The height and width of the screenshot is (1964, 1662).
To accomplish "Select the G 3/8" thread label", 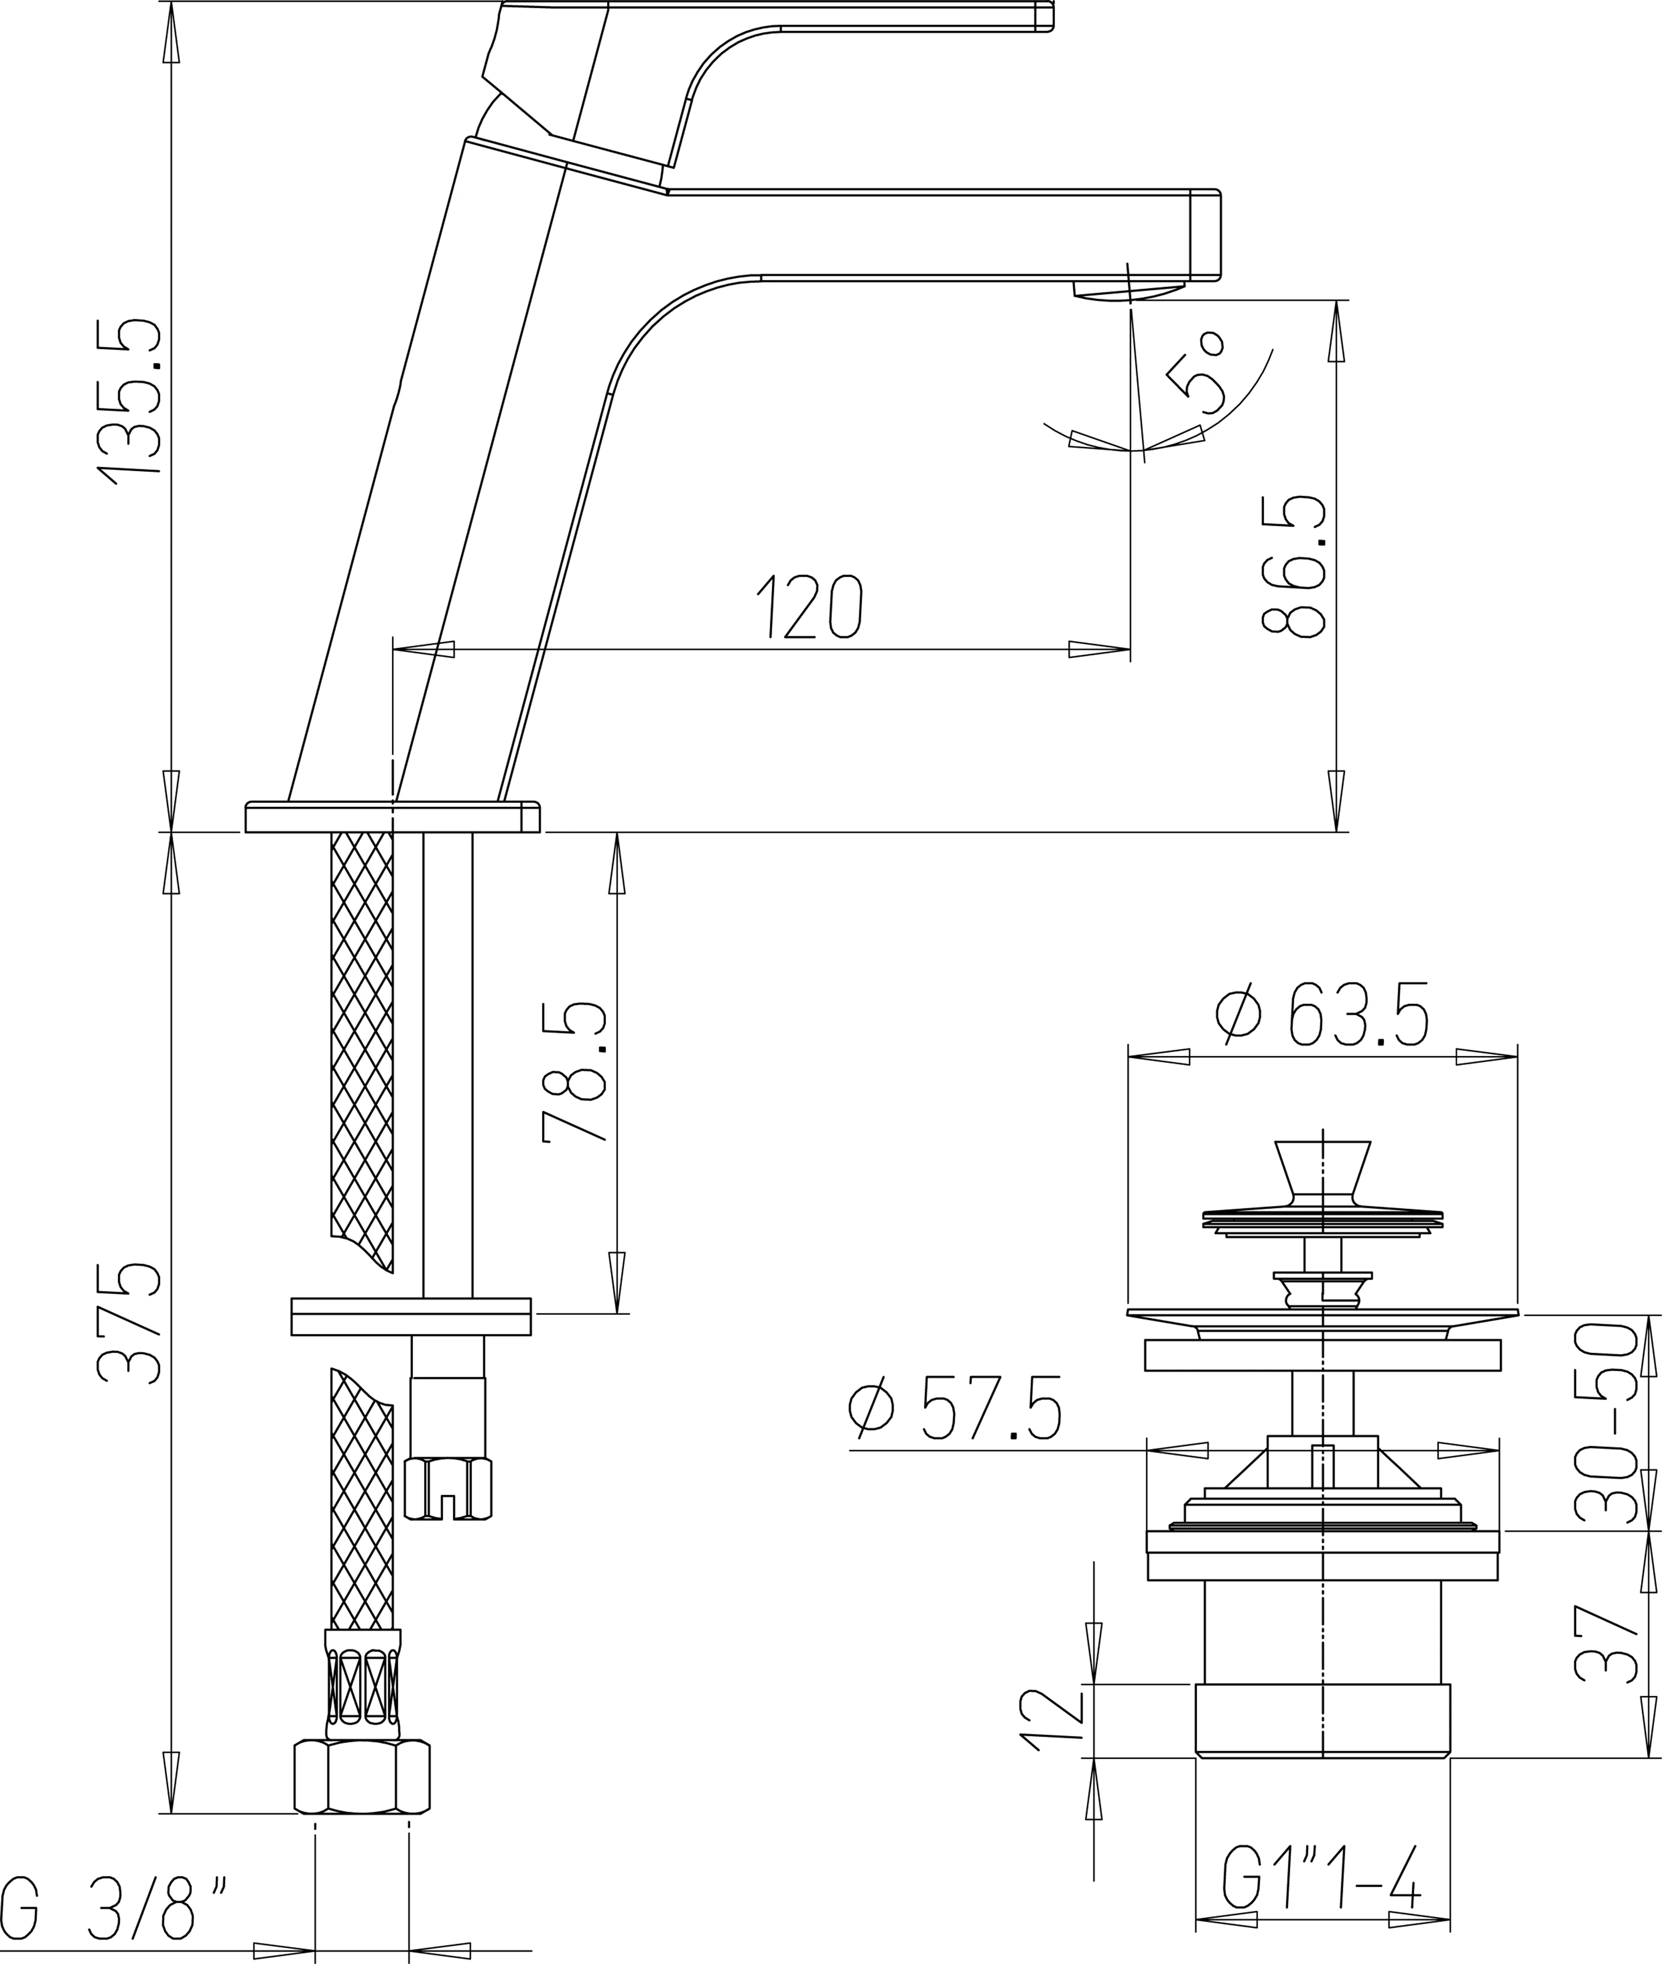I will [x=113, y=1907].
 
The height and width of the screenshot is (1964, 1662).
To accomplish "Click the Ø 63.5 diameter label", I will [x=1323, y=1014].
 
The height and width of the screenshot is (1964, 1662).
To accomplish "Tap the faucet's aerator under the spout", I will [x=1129, y=292].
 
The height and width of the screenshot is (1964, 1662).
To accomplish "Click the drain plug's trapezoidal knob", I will [x=1323, y=1168].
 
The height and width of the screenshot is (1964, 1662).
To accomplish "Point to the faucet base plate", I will [x=392, y=817].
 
